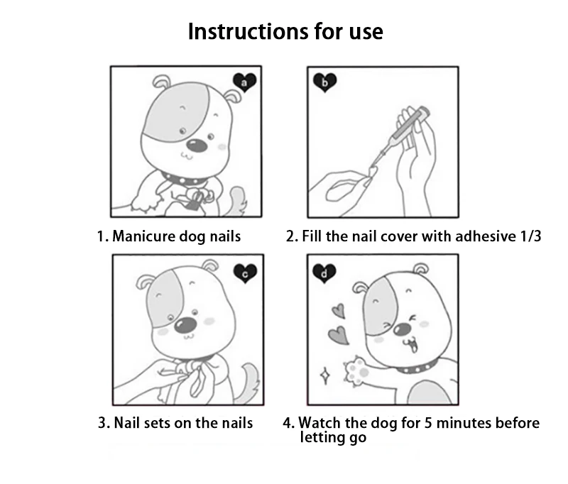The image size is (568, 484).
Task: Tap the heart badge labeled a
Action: click(244, 82)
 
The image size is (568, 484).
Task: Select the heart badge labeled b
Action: click(325, 82)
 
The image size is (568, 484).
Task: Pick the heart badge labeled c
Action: click(245, 273)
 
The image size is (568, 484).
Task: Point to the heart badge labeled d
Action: click(324, 273)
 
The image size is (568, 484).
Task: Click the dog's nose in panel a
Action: click(197, 145)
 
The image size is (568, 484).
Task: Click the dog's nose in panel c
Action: click(186, 324)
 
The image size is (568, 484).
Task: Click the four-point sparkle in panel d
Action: click(325, 375)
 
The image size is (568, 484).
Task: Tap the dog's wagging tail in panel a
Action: click(237, 200)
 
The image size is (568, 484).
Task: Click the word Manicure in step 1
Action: click(144, 236)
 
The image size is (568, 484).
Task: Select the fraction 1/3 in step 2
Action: click(530, 236)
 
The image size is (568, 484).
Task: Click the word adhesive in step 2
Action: click(486, 236)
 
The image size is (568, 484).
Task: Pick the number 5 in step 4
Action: click(428, 423)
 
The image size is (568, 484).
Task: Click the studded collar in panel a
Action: click(184, 179)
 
